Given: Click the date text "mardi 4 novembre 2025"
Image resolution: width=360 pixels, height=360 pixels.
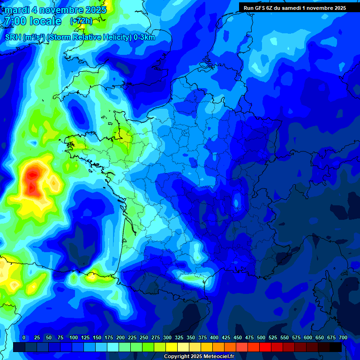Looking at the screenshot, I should point(56,10).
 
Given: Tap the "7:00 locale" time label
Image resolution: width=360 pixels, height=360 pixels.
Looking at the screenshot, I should point(32,21).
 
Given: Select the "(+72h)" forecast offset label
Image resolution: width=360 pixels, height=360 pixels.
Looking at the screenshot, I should point(81,21).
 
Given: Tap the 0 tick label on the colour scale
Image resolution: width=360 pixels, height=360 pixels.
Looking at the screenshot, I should point(24,337).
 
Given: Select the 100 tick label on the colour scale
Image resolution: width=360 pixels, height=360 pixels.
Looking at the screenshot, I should point(73,337).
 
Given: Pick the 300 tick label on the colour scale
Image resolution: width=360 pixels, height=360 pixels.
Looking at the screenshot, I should point(167,337).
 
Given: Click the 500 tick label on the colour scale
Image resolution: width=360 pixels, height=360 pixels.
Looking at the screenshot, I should point(261,337).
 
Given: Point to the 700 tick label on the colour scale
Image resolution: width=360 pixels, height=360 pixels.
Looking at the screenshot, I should point(343,337).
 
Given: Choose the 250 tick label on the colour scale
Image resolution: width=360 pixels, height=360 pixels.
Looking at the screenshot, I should point(144,337).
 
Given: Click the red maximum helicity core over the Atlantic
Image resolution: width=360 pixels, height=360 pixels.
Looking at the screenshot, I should point(32,180).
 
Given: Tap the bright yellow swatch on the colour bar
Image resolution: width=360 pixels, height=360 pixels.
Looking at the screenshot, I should point(172,347).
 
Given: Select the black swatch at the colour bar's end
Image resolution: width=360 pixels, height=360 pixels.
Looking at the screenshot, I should point(336,347).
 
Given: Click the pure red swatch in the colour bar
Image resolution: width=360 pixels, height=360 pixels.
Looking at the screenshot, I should point(265,347).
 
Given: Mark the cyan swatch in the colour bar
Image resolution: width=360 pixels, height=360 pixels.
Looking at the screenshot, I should point(113,347).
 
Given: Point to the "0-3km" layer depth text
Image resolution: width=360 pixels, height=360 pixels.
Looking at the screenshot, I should point(144,37).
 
